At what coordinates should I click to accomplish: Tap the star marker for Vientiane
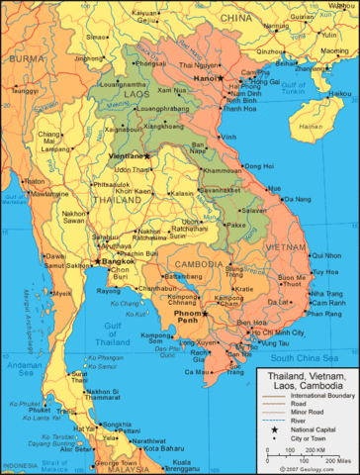[145, 156]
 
